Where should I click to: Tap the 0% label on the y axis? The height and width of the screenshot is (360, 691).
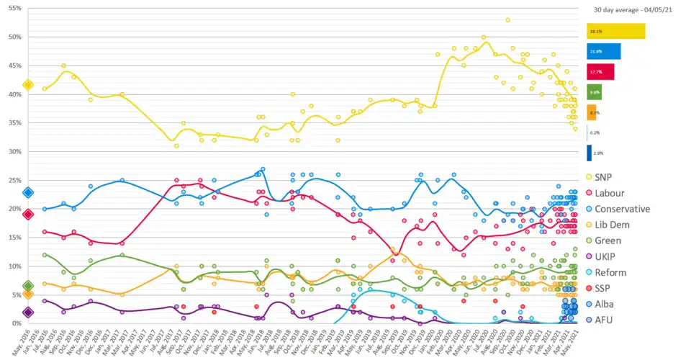click(x=17, y=324)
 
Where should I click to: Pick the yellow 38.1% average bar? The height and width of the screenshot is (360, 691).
click(x=615, y=31)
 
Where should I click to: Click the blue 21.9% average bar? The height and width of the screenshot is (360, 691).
click(x=603, y=51)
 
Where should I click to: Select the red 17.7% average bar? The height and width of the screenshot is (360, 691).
click(x=600, y=71)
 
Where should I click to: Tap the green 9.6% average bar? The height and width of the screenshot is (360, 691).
click(x=594, y=92)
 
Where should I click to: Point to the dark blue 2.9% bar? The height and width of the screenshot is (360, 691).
click(x=589, y=153)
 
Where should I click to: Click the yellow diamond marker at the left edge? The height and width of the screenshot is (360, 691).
click(x=28, y=85)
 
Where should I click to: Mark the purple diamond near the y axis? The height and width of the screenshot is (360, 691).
click(x=28, y=312)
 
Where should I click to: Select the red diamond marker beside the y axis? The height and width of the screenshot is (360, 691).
click(x=28, y=214)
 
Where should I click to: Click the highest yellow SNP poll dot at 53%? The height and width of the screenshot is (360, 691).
click(x=507, y=19)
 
